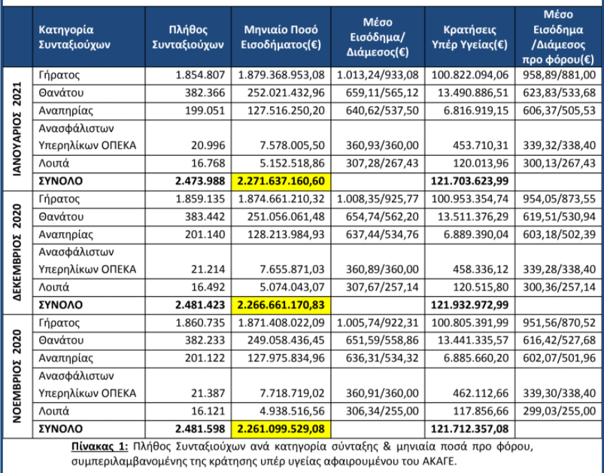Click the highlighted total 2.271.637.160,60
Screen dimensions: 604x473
point(281,182)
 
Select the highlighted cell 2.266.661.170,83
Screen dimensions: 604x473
point(281,305)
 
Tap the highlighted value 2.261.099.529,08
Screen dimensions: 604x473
point(281,429)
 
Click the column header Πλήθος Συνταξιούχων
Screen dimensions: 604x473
point(188,37)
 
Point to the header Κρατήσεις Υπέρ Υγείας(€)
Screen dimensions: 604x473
point(469,37)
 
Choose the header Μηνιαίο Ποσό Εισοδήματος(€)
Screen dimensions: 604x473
point(281,37)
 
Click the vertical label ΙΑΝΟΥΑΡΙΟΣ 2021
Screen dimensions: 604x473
point(17,129)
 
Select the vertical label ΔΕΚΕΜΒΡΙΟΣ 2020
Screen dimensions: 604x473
point(17,252)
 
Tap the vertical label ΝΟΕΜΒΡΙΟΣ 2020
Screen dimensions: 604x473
point(17,376)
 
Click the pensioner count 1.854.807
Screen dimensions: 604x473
point(200,75)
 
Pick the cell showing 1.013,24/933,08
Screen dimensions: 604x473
point(378,75)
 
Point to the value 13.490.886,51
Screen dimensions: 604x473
point(473,93)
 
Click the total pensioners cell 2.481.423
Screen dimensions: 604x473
point(200,305)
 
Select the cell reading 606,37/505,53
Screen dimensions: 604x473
point(560,111)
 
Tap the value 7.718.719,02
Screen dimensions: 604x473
point(292,393)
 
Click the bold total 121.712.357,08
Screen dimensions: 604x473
point(469,429)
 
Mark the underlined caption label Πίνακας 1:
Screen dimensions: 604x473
point(99,447)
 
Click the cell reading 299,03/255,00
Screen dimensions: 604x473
point(560,411)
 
